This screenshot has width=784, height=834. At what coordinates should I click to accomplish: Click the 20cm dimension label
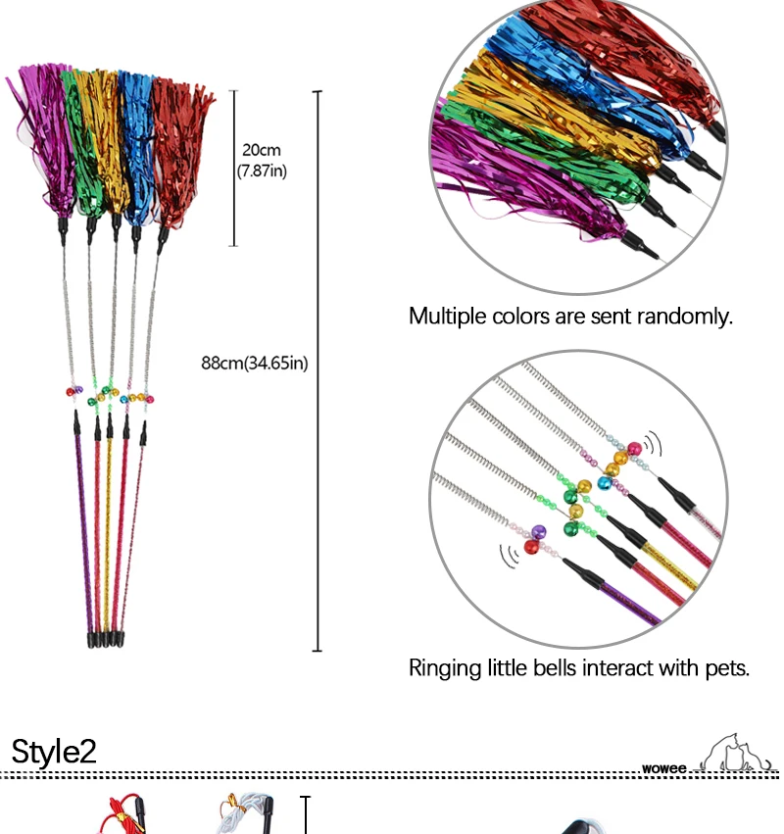pyautogui.click(x=261, y=150)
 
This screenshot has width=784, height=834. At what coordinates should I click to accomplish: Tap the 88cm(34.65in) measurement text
pyautogui.click(x=255, y=364)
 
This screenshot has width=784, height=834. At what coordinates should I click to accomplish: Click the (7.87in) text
pyautogui.click(x=261, y=171)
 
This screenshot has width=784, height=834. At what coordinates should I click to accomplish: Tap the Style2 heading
pyautogui.click(x=54, y=752)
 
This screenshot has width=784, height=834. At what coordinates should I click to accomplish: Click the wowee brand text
pyautogui.click(x=664, y=768)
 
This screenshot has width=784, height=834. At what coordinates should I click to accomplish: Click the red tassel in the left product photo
pyautogui.click(x=181, y=147)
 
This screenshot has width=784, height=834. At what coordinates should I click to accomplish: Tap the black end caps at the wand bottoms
pyautogui.click(x=104, y=640)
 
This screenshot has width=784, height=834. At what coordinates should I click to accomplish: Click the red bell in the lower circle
pyautogui.click(x=532, y=546)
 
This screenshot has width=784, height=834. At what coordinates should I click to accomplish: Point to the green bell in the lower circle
pyautogui.click(x=570, y=528)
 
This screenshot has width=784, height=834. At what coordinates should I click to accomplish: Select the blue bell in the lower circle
pyautogui.click(x=585, y=484)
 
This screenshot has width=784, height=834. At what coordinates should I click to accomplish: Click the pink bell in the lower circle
pyautogui.click(x=633, y=449)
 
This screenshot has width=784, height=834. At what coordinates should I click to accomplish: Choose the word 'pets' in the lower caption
pyautogui.click(x=728, y=669)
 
